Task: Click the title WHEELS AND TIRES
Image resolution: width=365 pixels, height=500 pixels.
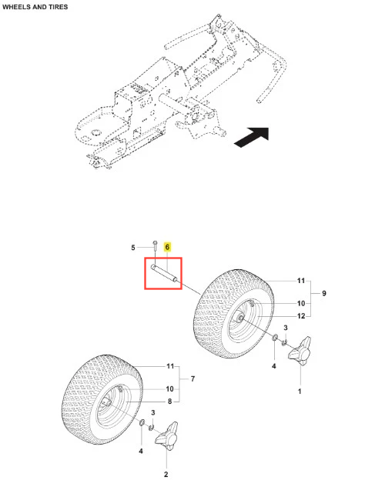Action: (35, 7)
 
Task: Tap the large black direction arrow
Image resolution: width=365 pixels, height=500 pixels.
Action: (253, 136)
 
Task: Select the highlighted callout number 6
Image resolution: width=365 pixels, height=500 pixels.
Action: (167, 247)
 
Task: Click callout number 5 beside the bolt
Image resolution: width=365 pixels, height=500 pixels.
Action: (133, 248)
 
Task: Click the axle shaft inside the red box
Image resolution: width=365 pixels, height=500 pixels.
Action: (164, 272)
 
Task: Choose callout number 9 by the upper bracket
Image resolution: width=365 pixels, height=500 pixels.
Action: (324, 293)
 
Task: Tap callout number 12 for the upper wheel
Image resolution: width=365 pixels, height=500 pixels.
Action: (301, 316)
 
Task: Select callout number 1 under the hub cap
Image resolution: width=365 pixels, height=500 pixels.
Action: (300, 391)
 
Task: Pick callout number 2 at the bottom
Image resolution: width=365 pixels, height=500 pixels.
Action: (166, 475)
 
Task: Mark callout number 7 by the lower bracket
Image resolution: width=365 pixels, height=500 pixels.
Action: (193, 378)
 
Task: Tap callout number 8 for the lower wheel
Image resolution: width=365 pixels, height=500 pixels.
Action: (170, 402)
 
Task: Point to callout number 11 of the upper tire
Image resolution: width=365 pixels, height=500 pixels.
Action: (301, 281)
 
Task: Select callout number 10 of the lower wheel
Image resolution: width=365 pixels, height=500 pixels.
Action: (169, 388)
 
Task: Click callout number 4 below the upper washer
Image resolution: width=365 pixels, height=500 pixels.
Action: (273, 366)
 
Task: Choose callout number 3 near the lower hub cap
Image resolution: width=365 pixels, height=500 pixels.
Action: (153, 412)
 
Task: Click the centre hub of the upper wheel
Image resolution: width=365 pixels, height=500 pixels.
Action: (239, 318)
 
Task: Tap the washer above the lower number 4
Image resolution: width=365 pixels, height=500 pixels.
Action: (142, 423)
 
